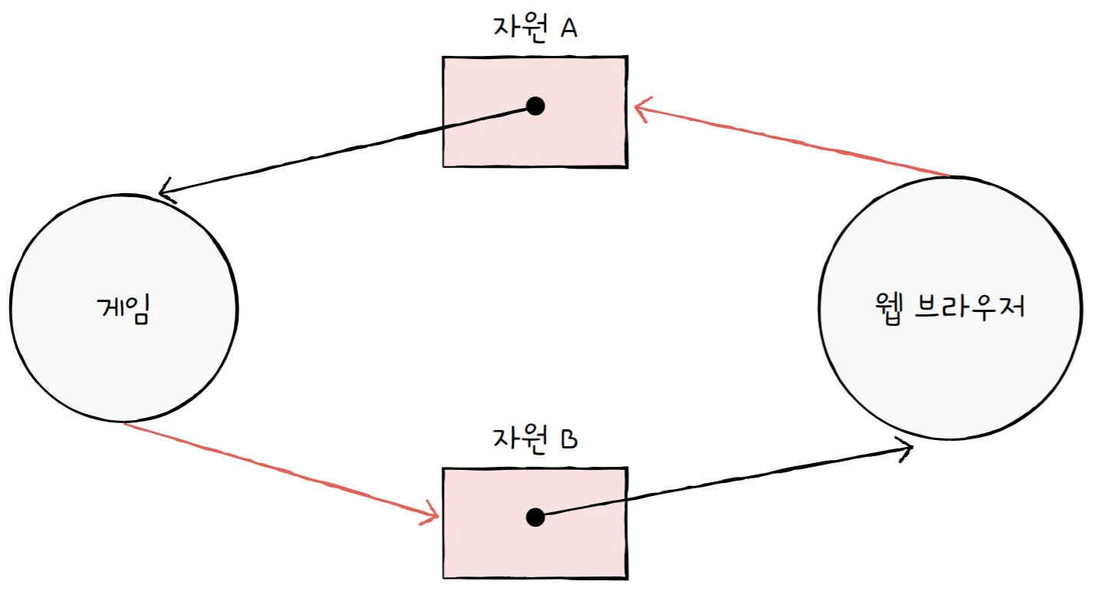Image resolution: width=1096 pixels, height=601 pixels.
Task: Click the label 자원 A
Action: pos(534,28)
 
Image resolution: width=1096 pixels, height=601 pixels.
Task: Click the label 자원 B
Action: pos(534,439)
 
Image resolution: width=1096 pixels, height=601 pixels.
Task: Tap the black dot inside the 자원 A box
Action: pos(535,106)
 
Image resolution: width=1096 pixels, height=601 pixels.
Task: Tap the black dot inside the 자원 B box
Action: pos(535,517)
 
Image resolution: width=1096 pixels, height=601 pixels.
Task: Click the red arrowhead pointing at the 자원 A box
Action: pos(641,109)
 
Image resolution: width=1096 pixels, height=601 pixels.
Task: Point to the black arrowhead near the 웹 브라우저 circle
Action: pos(906,448)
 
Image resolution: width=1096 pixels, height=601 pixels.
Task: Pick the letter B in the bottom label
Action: pos(568,439)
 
